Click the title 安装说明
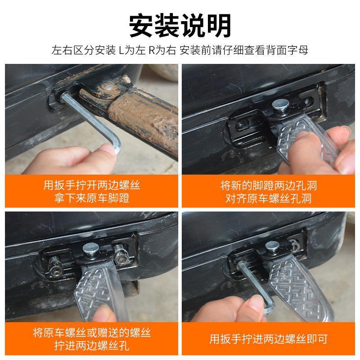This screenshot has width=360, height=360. pyautogui.click(x=180, y=25)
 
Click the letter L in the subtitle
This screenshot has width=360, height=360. pyautogui.click(x=121, y=50)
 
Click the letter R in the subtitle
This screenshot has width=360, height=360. pyautogui.click(x=152, y=50)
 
